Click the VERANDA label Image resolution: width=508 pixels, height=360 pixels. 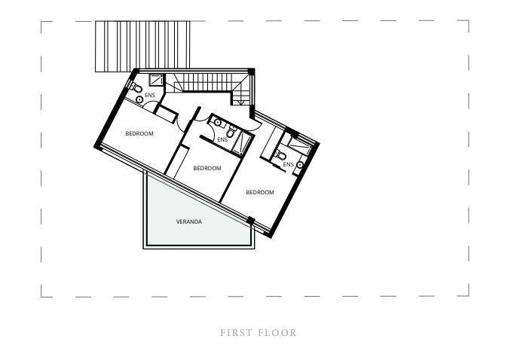click(x=189, y=222)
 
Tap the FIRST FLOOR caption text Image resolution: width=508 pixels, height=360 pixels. click(x=259, y=333)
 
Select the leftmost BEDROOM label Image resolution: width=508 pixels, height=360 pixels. click(x=139, y=134)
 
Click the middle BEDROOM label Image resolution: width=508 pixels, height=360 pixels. click(x=207, y=169)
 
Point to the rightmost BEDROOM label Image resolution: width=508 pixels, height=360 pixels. click(x=260, y=193)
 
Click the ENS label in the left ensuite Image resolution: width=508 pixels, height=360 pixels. click(x=149, y=95)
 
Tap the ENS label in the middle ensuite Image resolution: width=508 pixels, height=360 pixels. click(x=222, y=139)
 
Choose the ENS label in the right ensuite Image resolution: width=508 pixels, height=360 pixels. click(x=287, y=164)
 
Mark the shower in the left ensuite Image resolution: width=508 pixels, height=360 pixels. click(x=157, y=81)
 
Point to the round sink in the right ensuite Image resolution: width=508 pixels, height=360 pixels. click(x=300, y=163)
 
